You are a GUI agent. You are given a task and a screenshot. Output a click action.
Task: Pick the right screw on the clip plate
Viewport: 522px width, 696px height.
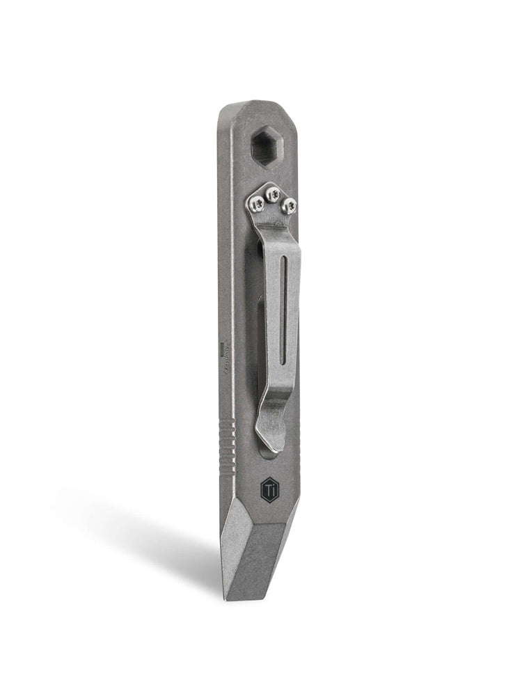tap(290, 205)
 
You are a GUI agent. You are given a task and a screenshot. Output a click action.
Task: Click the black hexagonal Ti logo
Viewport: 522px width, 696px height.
tap(270, 489)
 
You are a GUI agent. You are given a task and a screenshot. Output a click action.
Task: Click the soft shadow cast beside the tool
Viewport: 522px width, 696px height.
tap(139, 529)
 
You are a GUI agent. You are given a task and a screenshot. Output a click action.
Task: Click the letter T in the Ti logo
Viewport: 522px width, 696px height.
tap(268, 489)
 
